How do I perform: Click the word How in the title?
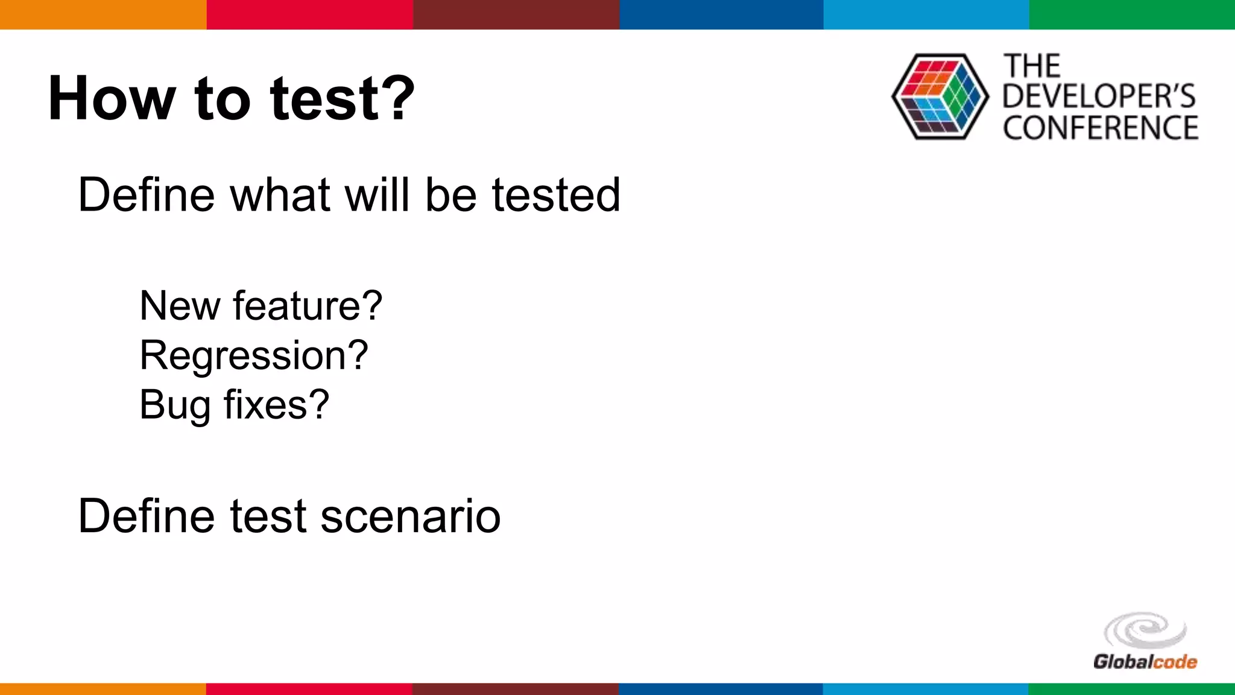click(112, 98)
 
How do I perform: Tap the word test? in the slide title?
click(343, 98)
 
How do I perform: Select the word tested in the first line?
click(555, 195)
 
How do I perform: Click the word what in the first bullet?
click(280, 195)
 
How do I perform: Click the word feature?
click(308, 306)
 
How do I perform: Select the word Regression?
click(254, 355)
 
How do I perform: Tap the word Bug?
click(175, 405)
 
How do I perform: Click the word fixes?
click(277, 404)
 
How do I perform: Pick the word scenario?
click(411, 516)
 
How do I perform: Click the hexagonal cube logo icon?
click(940, 97)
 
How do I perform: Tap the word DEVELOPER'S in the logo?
click(1099, 97)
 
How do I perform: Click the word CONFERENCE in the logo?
click(1100, 128)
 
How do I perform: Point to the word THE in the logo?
click(1032, 66)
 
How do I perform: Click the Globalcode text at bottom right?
click(1145, 662)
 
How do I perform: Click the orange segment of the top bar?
click(103, 14)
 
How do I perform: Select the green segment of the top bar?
click(1132, 14)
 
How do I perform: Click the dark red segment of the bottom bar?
click(515, 688)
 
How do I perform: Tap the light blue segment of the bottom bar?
click(926, 688)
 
